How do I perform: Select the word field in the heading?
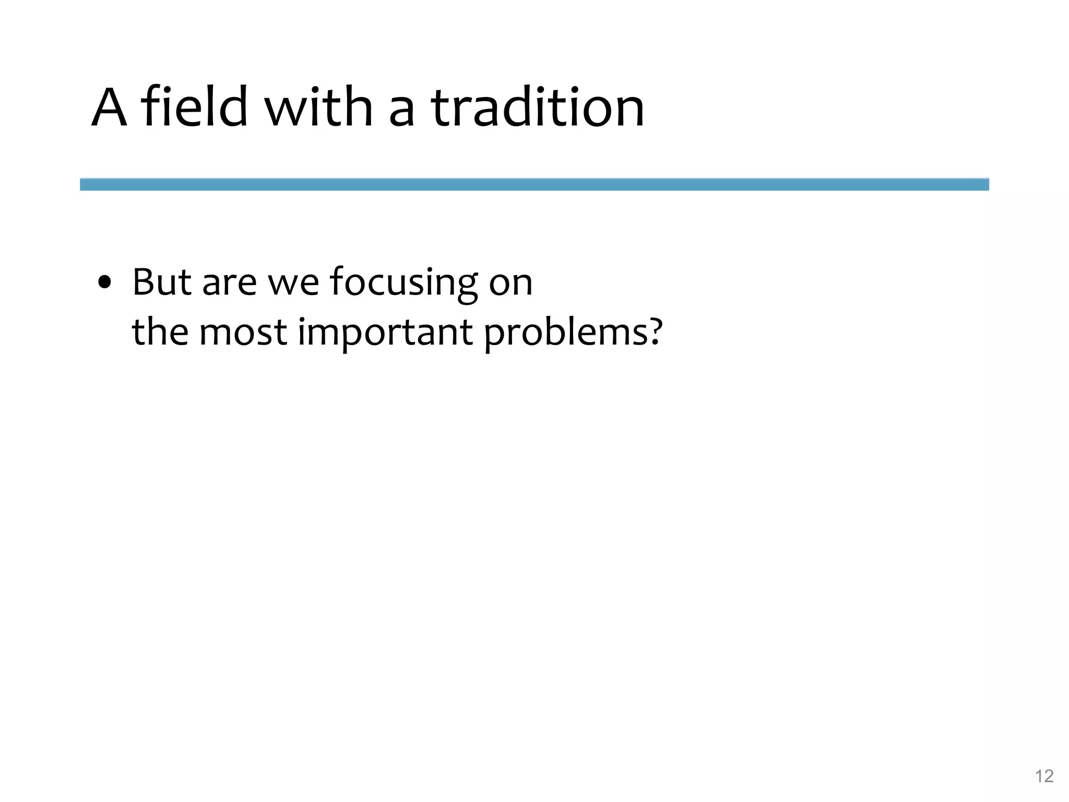pyautogui.click(x=194, y=108)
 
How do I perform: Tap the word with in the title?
pyautogui.click(x=318, y=108)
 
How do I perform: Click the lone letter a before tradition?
pyautogui.click(x=402, y=112)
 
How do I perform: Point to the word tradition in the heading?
pyautogui.click(x=538, y=108)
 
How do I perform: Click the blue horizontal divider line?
pyautogui.click(x=534, y=184)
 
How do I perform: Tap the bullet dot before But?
pyautogui.click(x=105, y=283)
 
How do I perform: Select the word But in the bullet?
pyautogui.click(x=162, y=282)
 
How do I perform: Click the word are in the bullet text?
pyautogui.click(x=229, y=285)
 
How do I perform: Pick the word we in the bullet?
pyautogui.click(x=293, y=285)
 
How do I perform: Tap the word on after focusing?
pyautogui.click(x=510, y=285)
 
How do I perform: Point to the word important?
pyautogui.click(x=385, y=333)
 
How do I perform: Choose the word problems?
pyautogui.click(x=566, y=333)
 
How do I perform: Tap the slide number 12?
pyautogui.click(x=1044, y=776)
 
